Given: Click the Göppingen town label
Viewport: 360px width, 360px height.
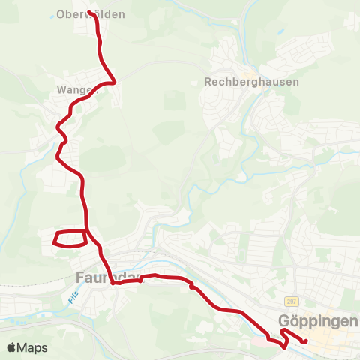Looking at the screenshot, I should pyautogui.click(x=319, y=320).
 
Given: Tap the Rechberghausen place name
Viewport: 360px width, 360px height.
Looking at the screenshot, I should pyautogui.click(x=251, y=82).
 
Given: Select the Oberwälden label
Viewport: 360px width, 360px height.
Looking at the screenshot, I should pyautogui.click(x=91, y=14).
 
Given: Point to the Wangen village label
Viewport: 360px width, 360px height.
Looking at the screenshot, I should pyautogui.click(x=78, y=89).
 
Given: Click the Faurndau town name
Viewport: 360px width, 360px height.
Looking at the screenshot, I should pyautogui.click(x=109, y=277).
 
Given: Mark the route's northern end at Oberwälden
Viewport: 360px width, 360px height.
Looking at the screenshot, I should pyautogui.click(x=90, y=13).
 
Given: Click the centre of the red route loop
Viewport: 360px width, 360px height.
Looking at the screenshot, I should pyautogui.click(x=70, y=238).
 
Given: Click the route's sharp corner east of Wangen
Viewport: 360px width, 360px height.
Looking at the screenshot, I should pyautogui.click(x=114, y=82).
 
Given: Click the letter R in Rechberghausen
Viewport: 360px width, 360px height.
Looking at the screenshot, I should pyautogui.click(x=208, y=82).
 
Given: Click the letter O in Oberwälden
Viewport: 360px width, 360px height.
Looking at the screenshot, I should pyautogui.click(x=61, y=14).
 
